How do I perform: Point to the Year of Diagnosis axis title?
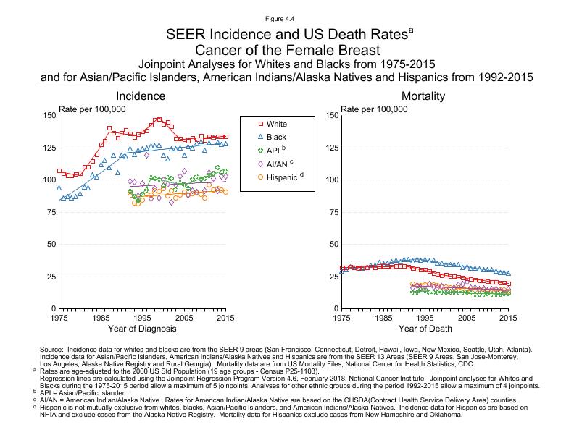tap(143, 329)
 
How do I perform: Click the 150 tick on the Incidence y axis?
tap(50, 115)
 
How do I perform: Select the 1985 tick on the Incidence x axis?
tap(101, 317)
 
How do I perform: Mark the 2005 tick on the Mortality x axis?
tap(466, 317)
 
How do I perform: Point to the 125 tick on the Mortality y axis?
tap(331, 148)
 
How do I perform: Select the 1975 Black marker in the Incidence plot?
tap(59, 188)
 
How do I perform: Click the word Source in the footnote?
tap(52, 349)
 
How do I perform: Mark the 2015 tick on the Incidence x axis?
tap(227, 317)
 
